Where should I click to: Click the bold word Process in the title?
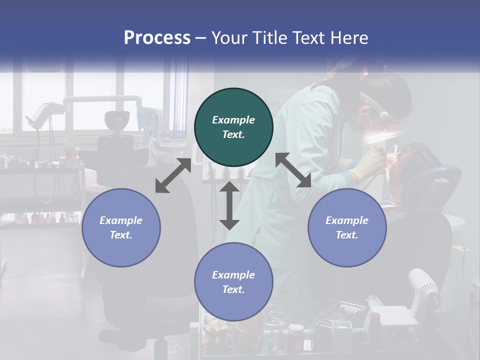click(157, 38)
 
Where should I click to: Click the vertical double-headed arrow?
click(229, 205)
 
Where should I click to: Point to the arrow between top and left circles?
click(173, 175)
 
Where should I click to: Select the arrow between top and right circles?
click(293, 170)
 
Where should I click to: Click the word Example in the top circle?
click(233, 120)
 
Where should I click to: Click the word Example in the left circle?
click(121, 220)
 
